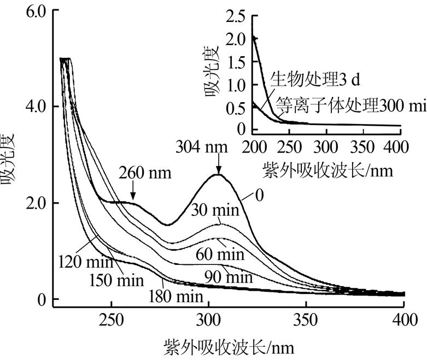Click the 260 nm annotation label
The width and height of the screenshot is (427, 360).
[x=144, y=174]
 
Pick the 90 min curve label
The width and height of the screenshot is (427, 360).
[x=229, y=277]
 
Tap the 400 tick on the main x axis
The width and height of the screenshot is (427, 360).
[x=403, y=320]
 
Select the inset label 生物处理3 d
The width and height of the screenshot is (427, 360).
[x=315, y=80]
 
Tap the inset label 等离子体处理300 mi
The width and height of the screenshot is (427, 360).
[x=350, y=104]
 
